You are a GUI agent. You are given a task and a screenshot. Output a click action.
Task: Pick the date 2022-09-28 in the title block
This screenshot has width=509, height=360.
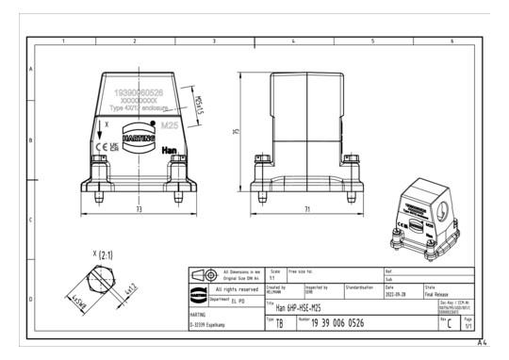(397, 293)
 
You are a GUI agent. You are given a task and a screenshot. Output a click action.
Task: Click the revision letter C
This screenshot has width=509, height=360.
(450, 324)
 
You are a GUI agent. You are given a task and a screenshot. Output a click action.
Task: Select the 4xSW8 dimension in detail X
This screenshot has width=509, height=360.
(76, 303)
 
